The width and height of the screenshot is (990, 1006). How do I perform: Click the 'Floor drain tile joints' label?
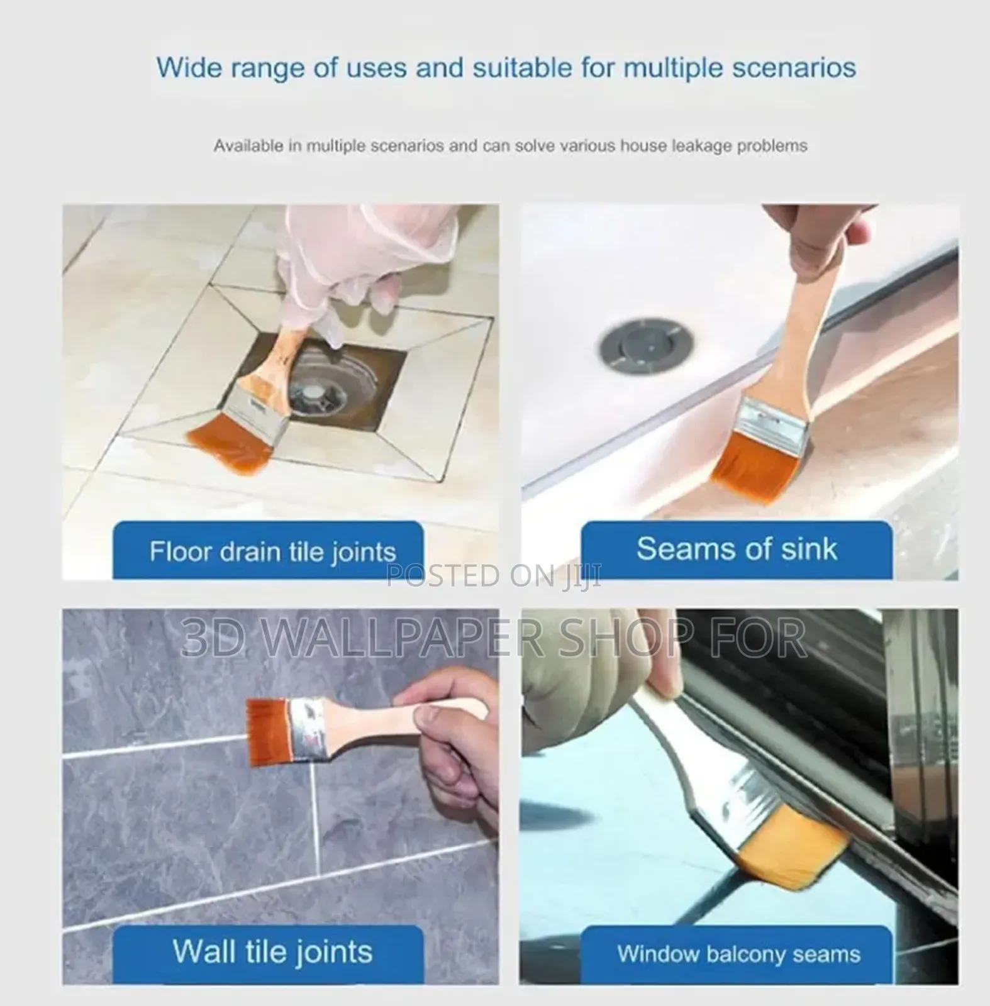tap(272, 552)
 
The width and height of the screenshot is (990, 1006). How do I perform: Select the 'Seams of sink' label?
tap(737, 549)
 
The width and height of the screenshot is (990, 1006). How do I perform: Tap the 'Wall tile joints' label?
tap(272, 951)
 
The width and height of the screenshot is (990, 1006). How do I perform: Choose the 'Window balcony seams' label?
tap(738, 954)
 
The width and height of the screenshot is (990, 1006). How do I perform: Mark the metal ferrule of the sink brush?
tap(773, 420)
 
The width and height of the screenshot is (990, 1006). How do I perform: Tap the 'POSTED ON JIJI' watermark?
tap(494, 575)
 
